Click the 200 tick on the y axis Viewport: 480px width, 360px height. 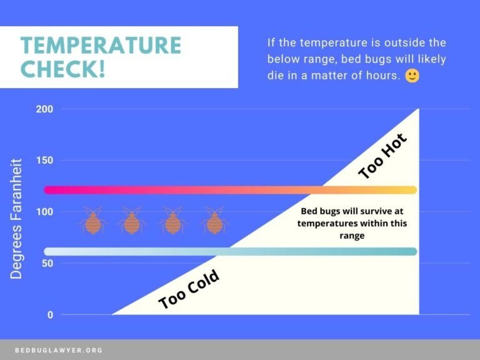point(45,109)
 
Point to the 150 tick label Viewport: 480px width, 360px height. point(45,160)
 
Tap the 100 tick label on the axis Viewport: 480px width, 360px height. point(45,211)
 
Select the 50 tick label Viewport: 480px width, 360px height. point(47,263)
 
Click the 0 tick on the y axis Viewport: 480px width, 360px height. point(50,315)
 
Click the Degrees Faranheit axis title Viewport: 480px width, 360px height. point(16,219)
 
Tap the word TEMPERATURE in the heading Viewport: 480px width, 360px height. point(101,45)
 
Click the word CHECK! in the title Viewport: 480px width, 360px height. point(62,69)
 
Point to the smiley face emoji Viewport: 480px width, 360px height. point(412,76)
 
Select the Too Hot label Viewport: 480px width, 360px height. point(382,156)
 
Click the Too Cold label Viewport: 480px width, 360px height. point(189,289)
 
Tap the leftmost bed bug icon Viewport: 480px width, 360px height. point(92,221)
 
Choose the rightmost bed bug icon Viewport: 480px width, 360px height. point(214,221)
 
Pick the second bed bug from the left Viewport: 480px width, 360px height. point(132,221)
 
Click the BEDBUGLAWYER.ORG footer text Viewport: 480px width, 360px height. point(59,350)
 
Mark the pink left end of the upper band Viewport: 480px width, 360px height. point(48,190)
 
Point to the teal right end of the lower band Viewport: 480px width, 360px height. point(413,252)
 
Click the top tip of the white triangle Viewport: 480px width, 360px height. point(419,109)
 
